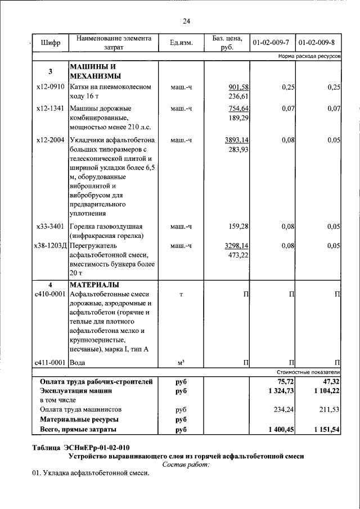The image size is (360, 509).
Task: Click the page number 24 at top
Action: [186, 21]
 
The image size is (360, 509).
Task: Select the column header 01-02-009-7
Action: [271, 43]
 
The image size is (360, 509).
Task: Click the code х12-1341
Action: [50, 108]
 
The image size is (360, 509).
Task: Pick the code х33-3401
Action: [50, 227]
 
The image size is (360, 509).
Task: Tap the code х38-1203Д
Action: [50, 246]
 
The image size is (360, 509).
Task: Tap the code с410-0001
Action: [50, 294]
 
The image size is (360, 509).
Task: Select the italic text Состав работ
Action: [186, 465]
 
